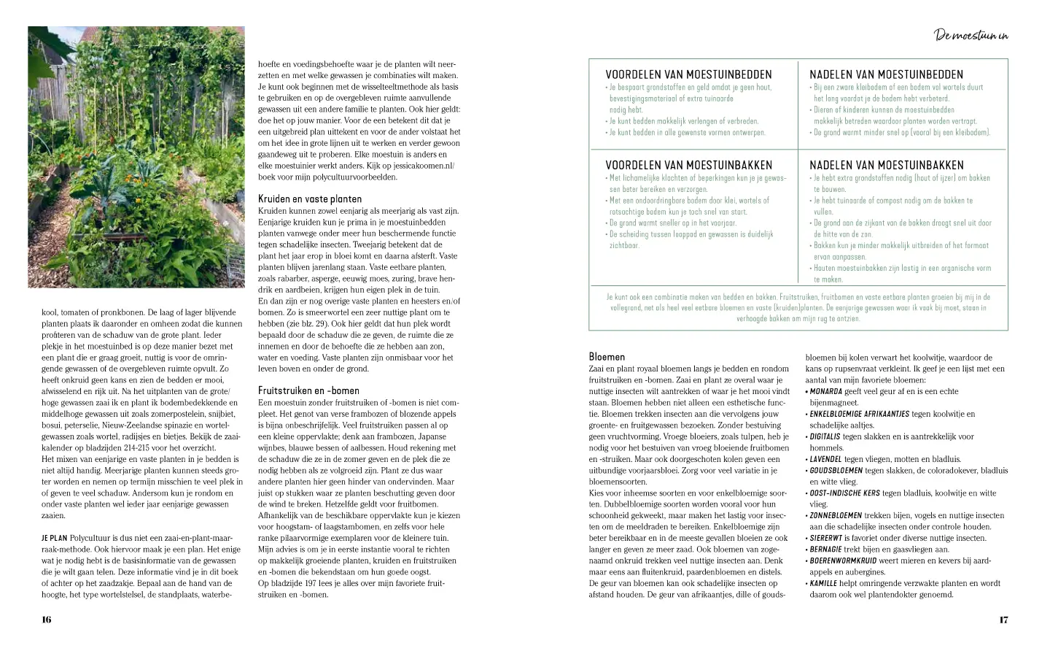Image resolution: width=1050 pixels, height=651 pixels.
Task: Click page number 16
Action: pos(47,620)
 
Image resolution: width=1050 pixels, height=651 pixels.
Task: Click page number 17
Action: pos(1003,620)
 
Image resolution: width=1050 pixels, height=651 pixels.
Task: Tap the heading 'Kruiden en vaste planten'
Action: pos(309,199)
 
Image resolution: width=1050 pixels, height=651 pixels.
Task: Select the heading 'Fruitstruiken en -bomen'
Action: pos(308,390)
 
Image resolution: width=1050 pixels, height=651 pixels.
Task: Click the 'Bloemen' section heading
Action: pos(607,356)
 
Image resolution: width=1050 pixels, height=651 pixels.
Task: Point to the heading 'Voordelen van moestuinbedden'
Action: pos(688,74)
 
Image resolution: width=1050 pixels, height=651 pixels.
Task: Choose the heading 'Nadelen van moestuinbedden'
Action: pos(886,74)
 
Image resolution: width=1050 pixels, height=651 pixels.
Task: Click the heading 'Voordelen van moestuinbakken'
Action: pos(688,165)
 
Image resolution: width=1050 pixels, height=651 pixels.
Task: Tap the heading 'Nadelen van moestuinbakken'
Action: pos(886,165)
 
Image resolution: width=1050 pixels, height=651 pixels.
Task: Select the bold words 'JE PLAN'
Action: pos(54,537)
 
